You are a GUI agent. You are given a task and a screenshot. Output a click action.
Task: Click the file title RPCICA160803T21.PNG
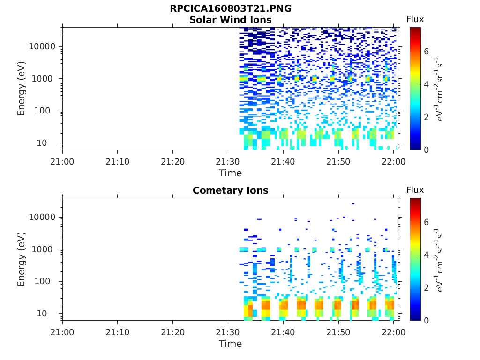[231, 9]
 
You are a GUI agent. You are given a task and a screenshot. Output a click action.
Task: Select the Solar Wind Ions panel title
[231, 20]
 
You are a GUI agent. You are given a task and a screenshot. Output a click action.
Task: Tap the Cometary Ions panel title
[231, 190]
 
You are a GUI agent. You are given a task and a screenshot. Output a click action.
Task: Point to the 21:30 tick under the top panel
[228, 161]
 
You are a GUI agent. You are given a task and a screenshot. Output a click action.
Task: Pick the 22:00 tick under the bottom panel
[394, 332]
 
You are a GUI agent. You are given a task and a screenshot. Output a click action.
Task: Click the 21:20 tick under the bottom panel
[173, 332]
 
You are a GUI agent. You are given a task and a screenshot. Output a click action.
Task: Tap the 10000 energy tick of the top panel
[43, 47]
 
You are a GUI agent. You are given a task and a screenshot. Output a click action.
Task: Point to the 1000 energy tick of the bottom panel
[45, 249]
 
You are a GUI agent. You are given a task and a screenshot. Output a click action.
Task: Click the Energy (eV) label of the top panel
[22, 89]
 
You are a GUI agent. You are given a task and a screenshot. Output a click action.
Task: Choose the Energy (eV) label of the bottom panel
[22, 259]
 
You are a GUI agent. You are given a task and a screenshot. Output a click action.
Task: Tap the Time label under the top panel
[231, 173]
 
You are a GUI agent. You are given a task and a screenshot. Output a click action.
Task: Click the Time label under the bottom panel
[231, 344]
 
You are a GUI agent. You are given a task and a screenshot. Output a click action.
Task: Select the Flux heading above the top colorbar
[415, 19]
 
